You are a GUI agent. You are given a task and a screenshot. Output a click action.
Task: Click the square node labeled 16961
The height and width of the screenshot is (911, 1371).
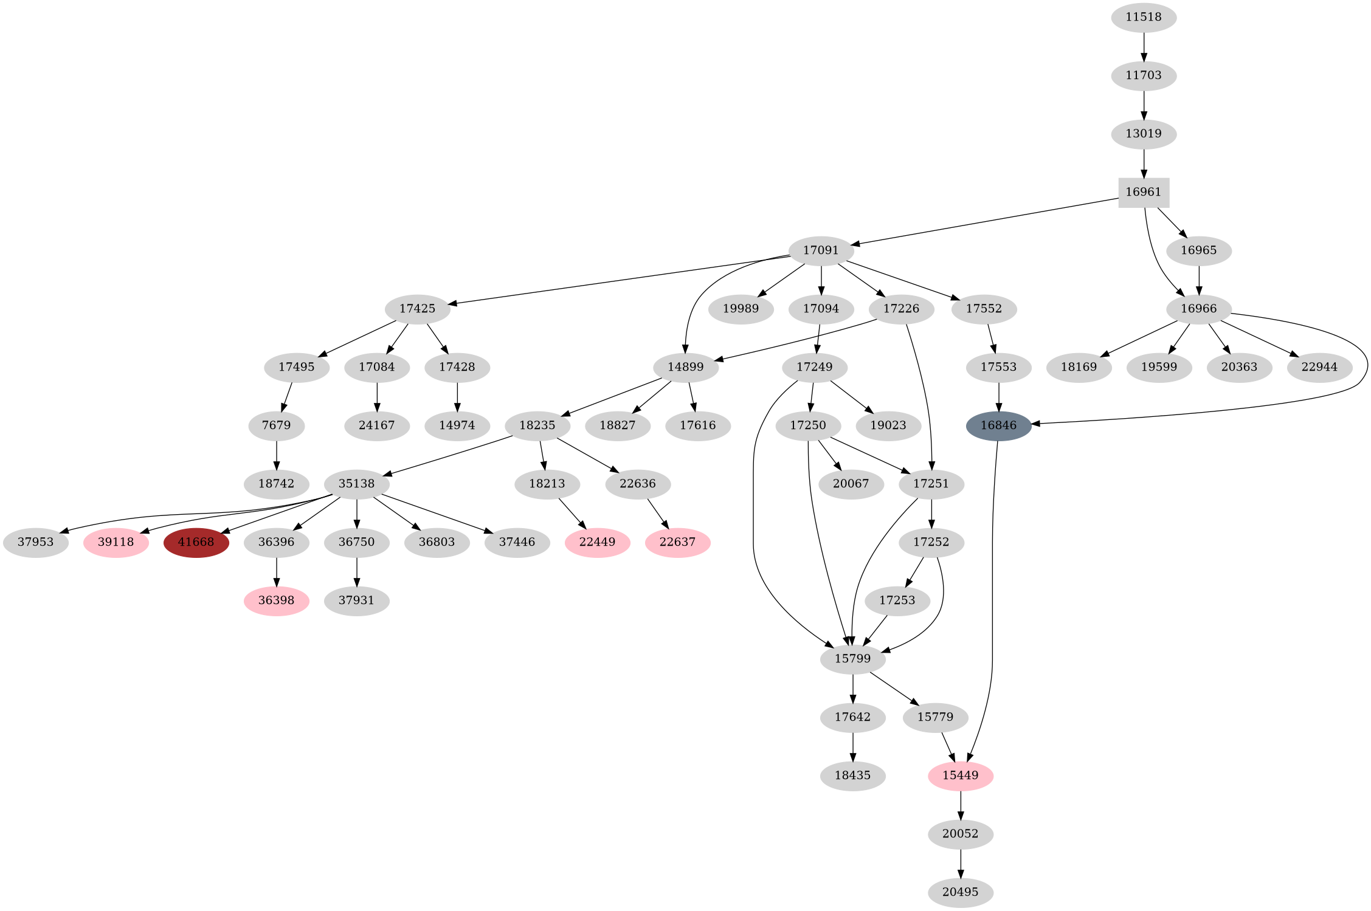1144,193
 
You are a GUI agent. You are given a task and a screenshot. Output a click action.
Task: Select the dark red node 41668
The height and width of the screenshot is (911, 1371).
196,542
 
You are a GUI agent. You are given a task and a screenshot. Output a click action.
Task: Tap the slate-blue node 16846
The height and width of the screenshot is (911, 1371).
998,425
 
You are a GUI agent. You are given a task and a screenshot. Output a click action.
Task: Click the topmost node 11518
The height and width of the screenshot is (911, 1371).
1144,17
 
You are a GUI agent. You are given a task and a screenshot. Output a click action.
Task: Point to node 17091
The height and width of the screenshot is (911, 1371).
821,250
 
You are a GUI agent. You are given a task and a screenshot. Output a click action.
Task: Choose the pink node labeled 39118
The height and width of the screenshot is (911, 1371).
116,542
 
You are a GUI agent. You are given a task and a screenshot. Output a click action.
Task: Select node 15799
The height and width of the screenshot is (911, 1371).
852,659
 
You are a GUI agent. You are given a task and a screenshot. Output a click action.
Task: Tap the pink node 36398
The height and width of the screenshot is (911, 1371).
276,600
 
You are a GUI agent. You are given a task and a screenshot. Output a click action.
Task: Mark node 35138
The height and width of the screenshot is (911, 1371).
356,484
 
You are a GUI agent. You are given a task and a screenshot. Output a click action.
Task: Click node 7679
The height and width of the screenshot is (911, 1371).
276,425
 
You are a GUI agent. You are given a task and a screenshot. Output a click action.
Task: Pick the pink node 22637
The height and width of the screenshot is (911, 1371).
677,542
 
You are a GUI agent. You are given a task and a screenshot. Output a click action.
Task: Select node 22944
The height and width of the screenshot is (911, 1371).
1319,367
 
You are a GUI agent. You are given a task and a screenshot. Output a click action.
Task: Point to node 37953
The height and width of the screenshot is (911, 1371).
35,542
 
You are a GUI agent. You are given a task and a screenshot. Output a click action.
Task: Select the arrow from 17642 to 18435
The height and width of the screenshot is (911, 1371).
852,747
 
